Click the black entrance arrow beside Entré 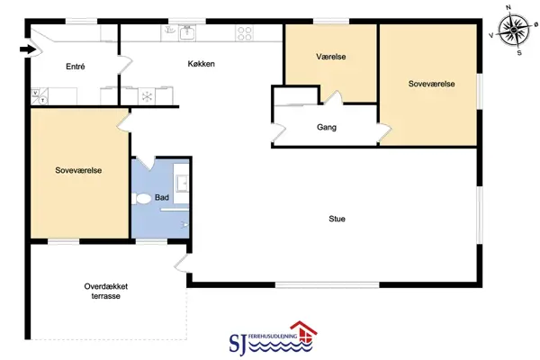click(28, 49)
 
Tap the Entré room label click(75, 67)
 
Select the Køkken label click(201, 64)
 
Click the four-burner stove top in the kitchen click(245, 33)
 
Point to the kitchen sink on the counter click(187, 33)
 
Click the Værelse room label click(331, 57)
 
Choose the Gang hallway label click(327, 127)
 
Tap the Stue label click(337, 219)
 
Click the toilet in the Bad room click(141, 198)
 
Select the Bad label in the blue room click(162, 197)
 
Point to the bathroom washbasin click(182, 183)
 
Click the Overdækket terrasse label click(106, 291)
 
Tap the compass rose click(514, 30)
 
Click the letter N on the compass click(508, 7)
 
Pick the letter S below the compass click(519, 53)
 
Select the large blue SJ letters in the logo click(238, 344)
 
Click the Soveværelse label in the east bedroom click(431, 84)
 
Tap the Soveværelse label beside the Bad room click(78, 170)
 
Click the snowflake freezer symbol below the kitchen click(147, 96)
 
